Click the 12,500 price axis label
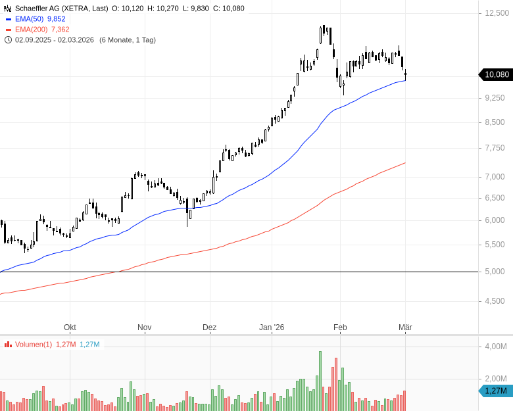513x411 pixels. coord(494,13)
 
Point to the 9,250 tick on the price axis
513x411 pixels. coord(494,97)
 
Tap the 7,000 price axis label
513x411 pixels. coord(494,176)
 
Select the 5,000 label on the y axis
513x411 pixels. coord(494,271)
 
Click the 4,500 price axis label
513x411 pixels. coord(494,301)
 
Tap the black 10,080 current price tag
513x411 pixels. coord(497,74)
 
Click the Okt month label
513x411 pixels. coord(70,327)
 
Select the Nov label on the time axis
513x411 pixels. coord(145,327)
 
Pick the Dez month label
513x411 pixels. coord(210,327)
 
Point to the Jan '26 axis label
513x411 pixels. coord(272,327)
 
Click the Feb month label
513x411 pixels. coord(340,327)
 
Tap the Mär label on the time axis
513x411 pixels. coord(406,327)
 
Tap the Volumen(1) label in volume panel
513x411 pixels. coord(33,344)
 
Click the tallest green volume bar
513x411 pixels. coord(320,381)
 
